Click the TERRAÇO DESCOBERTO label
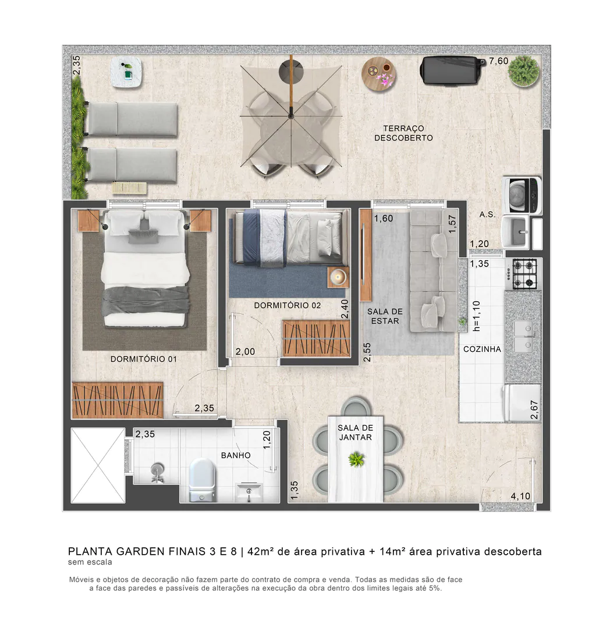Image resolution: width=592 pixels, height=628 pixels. pos(403,133)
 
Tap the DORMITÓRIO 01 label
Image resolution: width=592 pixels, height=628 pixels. pos(143,359)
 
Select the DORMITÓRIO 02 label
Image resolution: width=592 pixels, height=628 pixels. pos(287,305)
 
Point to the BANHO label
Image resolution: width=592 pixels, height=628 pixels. pos(236,455)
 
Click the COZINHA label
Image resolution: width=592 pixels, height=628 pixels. pos(482,349)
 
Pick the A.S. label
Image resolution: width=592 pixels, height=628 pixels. pos(487,215)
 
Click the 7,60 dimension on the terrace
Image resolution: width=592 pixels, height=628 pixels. pos(498,61)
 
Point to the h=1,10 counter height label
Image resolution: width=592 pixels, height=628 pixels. pos(477,316)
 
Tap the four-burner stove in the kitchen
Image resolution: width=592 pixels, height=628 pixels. pos(524,274)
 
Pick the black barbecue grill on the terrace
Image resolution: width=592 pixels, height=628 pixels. pos(450,71)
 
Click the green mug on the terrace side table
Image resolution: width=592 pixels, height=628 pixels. pos(128,73)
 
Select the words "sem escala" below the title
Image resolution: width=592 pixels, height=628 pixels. pos(90,562)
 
